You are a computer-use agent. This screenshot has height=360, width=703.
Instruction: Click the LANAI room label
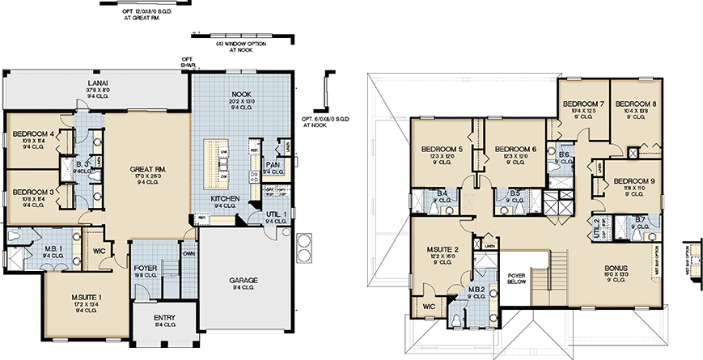coord(98,83)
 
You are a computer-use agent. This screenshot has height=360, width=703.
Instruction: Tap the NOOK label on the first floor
coord(241,95)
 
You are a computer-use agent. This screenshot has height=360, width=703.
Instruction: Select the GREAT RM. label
coord(147,170)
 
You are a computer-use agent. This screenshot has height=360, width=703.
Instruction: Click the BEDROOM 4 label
coord(33,134)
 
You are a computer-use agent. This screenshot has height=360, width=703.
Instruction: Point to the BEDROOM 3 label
coord(33,192)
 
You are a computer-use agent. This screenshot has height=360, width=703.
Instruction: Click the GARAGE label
coord(243,281)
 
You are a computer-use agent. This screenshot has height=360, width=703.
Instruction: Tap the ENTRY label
coord(164,317)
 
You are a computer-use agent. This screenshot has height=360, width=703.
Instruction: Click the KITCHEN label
coord(223,199)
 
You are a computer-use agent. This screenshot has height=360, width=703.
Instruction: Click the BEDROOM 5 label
coord(443,149)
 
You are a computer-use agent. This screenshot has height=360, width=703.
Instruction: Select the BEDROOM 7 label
coord(583,104)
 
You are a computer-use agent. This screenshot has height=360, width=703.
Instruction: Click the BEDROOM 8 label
coord(635,104)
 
